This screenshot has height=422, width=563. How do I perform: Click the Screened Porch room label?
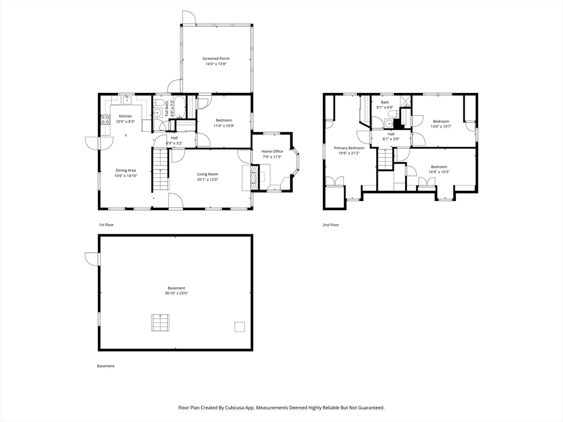click(216, 58)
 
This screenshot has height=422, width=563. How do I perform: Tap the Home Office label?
click(272, 152)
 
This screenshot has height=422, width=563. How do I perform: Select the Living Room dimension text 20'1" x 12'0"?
click(207, 180)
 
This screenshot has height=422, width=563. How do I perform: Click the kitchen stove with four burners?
click(105, 119)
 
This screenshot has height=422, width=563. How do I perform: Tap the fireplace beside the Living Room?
click(254, 177)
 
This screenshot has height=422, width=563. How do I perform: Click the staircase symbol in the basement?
click(160, 323)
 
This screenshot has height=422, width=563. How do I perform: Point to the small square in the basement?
click(240, 327)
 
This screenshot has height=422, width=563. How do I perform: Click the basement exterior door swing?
click(92, 259)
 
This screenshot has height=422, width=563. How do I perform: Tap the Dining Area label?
click(126, 170)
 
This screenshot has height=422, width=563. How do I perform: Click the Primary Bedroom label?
click(349, 148)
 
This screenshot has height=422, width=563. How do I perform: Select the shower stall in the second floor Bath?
click(406, 101)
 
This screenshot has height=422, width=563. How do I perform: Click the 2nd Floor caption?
click(330, 225)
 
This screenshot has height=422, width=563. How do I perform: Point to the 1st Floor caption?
click(106, 225)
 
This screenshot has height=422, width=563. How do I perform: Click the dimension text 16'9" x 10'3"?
click(439, 172)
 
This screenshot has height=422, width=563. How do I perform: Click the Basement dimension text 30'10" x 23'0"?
click(176, 293)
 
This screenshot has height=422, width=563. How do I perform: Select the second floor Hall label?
click(391, 134)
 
